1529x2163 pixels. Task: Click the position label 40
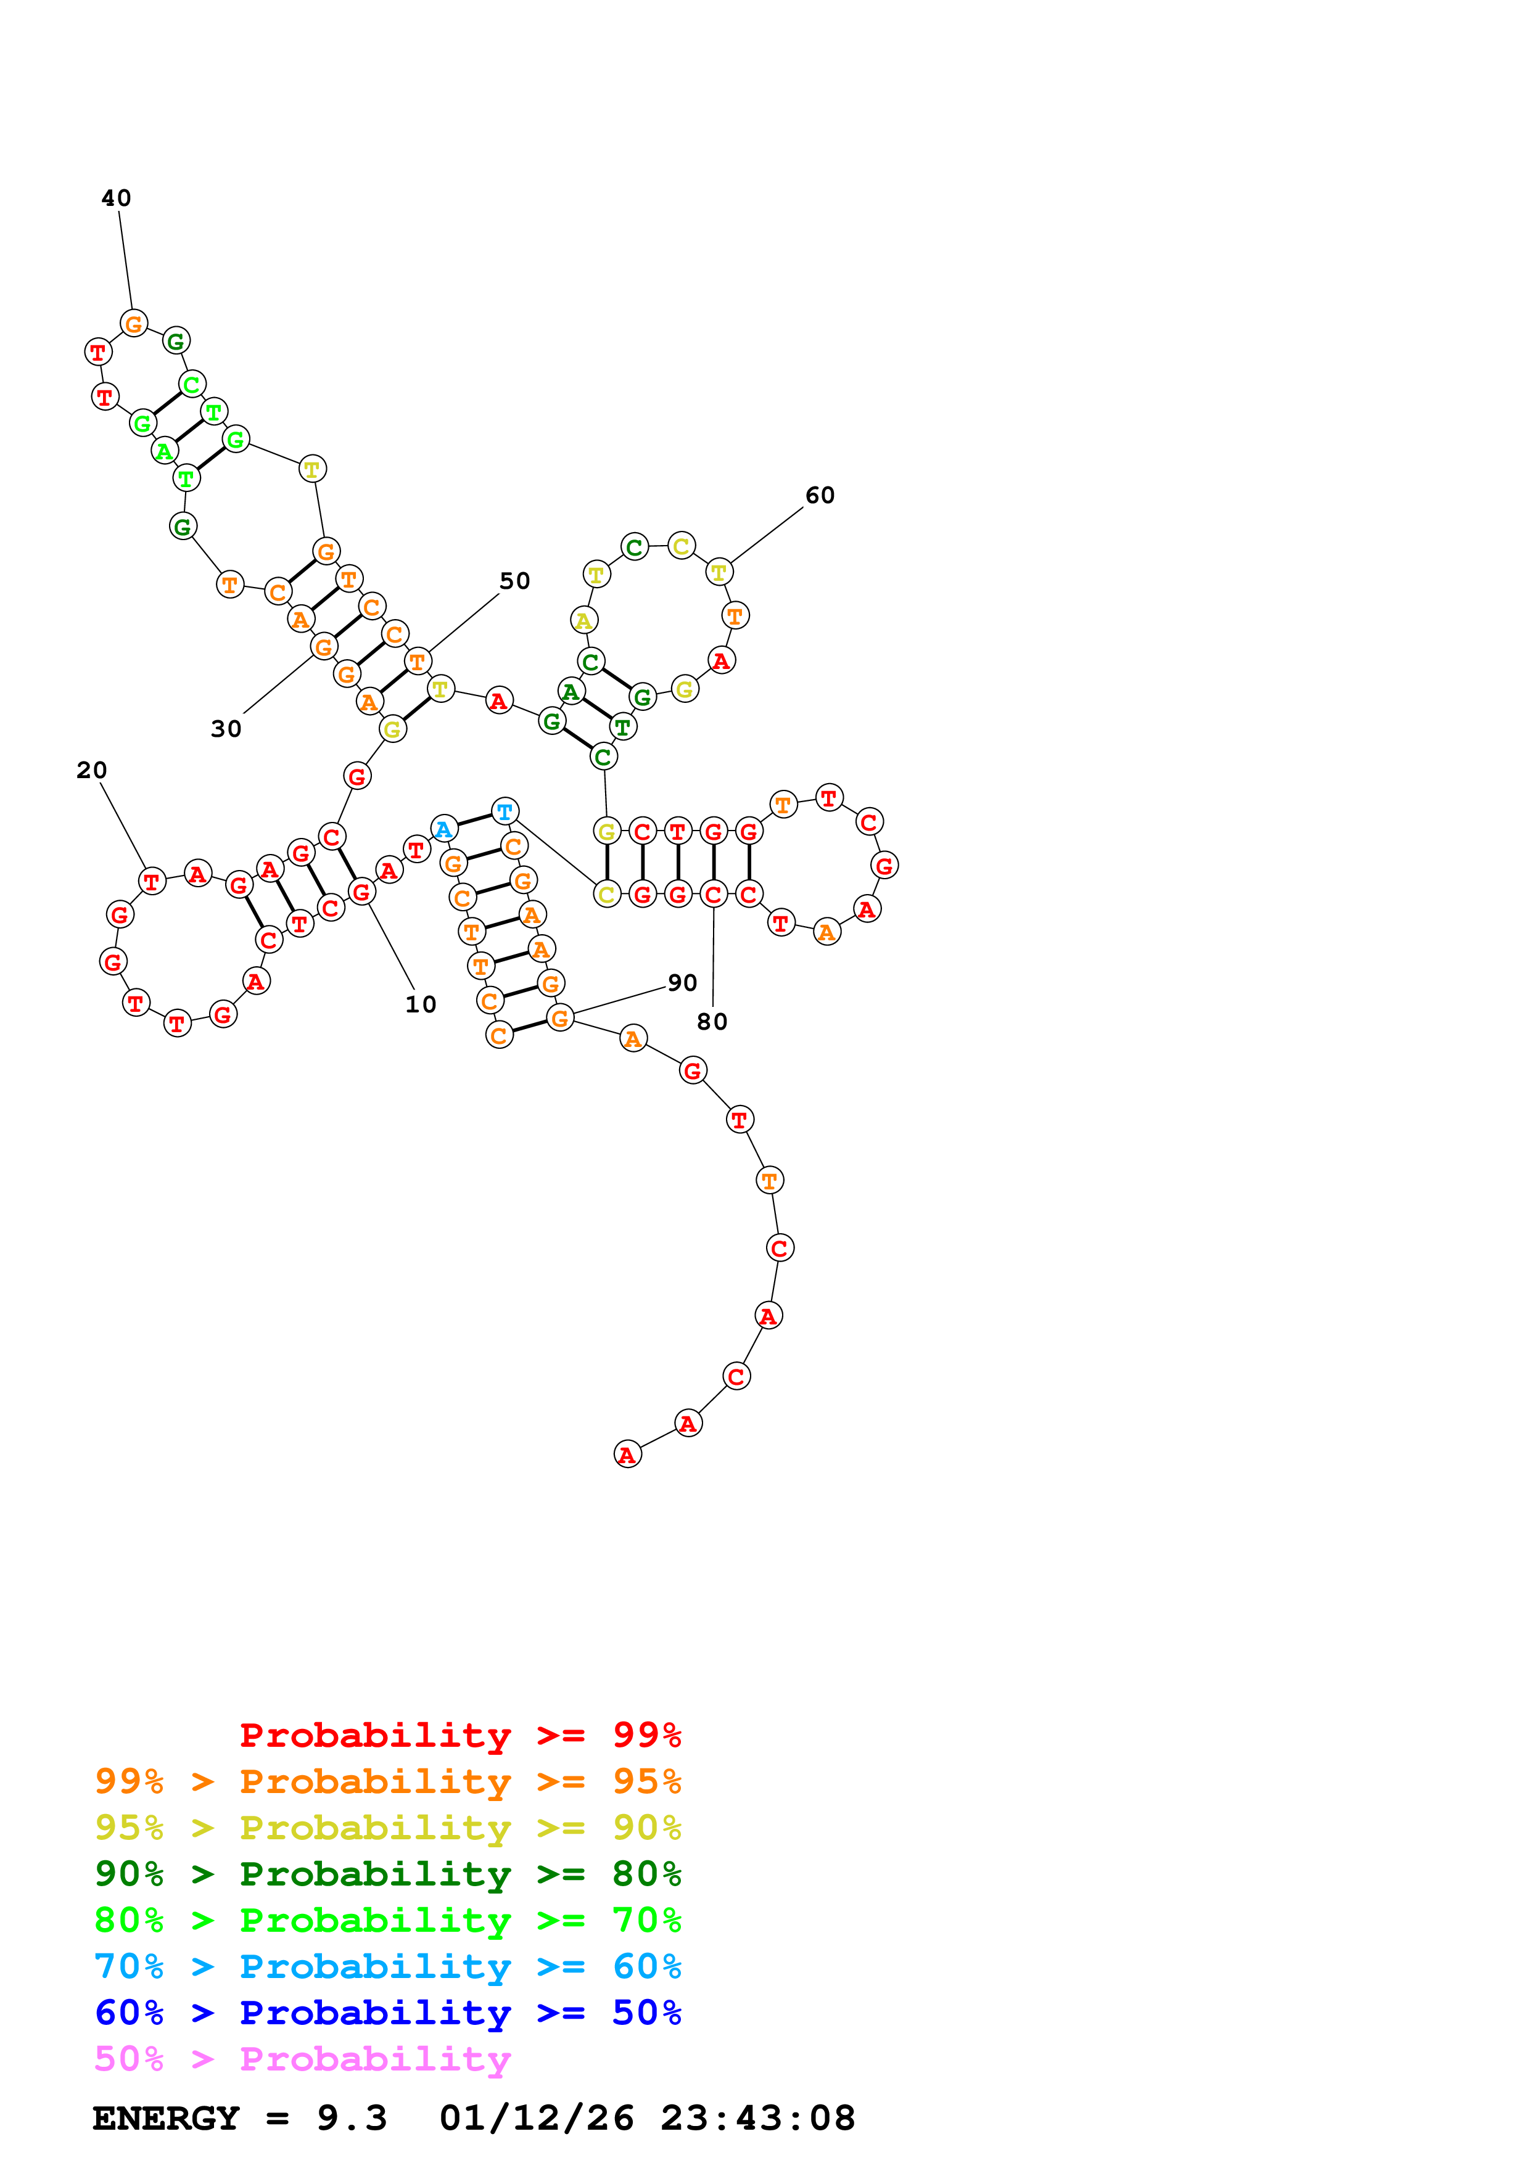[116, 198]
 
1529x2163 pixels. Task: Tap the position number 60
[820, 496]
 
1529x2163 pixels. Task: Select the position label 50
[514, 581]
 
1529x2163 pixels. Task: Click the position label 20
[91, 771]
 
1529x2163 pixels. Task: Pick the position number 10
[421, 1005]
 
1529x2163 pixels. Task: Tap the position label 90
[682, 983]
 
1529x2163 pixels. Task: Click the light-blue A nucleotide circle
[443, 829]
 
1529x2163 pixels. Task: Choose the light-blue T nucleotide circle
[505, 811]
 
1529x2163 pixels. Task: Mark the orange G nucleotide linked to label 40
[134, 324]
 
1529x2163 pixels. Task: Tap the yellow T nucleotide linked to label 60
[719, 572]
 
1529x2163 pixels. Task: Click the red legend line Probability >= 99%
[460, 1735]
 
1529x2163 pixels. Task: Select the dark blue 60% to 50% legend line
[387, 2013]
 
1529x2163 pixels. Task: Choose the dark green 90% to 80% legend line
[387, 1874]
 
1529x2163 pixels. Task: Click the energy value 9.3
[352, 2119]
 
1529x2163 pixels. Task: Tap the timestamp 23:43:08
[757, 2119]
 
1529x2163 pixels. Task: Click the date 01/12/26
[536, 2119]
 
